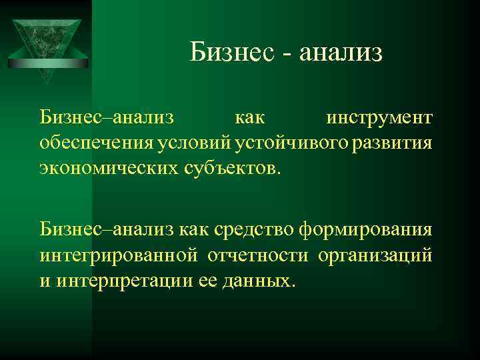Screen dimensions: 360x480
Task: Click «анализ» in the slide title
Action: pos(341,51)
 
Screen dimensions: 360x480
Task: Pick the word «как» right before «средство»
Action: pos(195,231)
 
